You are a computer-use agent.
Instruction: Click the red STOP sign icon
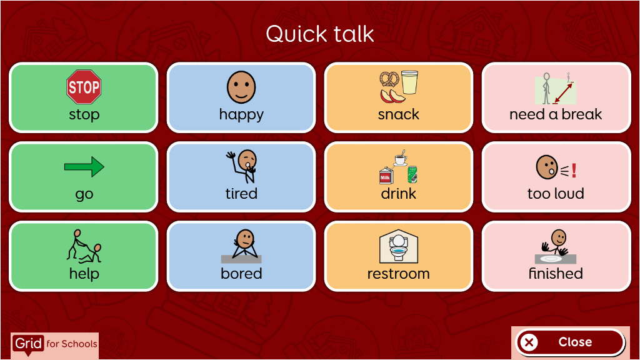[x=84, y=86]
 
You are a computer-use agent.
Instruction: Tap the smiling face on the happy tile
[x=241, y=87]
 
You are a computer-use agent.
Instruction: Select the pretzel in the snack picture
[x=389, y=79]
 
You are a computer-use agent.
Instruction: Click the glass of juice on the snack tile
[x=409, y=82]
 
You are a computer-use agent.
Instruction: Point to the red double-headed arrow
[x=563, y=93]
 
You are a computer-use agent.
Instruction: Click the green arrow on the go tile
[x=84, y=166]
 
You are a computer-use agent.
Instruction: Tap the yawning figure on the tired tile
[x=242, y=166]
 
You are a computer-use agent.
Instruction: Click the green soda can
[x=412, y=174]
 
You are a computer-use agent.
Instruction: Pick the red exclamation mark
[x=574, y=170]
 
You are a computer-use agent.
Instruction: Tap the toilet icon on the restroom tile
[x=398, y=246]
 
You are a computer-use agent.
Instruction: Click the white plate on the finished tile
[x=551, y=258]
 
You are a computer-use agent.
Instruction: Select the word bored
[x=241, y=274]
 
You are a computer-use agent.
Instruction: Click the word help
[x=84, y=274]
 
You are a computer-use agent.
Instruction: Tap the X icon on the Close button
[x=529, y=342]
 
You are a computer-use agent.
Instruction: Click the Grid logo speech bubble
[x=27, y=344]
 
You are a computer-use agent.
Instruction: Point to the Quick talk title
[x=319, y=34]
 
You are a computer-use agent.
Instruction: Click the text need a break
[x=556, y=114]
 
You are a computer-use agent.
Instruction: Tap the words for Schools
[x=72, y=344]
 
